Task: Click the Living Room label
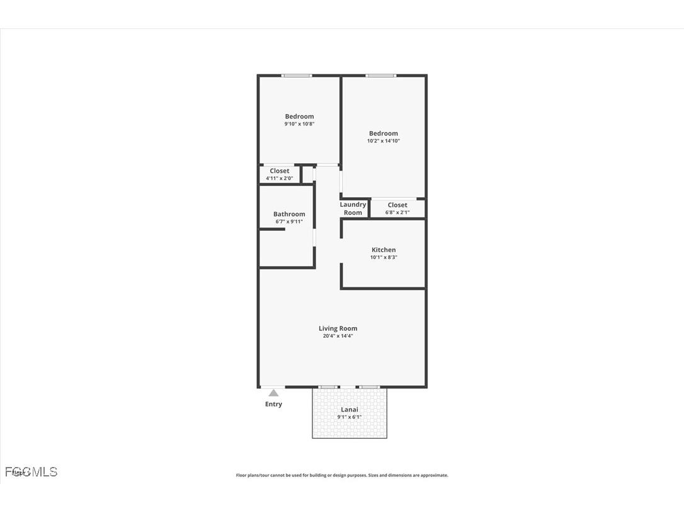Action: (338, 328)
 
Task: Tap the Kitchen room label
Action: (384, 250)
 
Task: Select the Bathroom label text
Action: (289, 214)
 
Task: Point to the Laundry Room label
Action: (353, 209)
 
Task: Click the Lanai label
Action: (350, 410)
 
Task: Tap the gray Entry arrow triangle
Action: (273, 393)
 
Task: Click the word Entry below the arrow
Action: (273, 404)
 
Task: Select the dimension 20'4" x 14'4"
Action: (338, 336)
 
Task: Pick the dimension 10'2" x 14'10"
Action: (384, 141)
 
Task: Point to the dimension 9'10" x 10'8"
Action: (299, 124)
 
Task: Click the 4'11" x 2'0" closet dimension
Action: (280, 178)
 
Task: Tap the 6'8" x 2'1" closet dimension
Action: (397, 212)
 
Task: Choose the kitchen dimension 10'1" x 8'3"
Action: (384, 257)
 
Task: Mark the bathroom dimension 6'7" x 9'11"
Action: (289, 222)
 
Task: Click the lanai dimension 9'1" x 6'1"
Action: (350, 417)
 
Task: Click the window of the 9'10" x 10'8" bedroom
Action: (297, 76)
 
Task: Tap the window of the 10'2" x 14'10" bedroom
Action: (381, 76)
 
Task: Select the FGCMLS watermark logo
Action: (31, 471)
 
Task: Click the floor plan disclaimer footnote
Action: (342, 475)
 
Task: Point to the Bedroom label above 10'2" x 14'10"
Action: (384, 134)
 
